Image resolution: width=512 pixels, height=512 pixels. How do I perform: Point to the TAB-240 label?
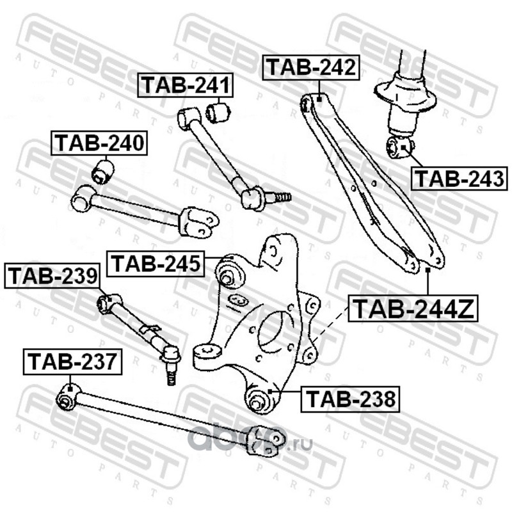(99, 143)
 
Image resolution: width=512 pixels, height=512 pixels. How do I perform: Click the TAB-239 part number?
(53, 276)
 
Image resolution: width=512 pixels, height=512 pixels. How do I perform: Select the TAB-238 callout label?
(350, 400)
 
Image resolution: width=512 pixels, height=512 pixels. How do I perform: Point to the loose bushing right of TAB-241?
(218, 113)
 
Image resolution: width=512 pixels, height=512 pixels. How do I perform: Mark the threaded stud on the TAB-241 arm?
(280, 196)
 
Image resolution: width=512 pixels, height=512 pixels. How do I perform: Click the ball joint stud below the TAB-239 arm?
(170, 374)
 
